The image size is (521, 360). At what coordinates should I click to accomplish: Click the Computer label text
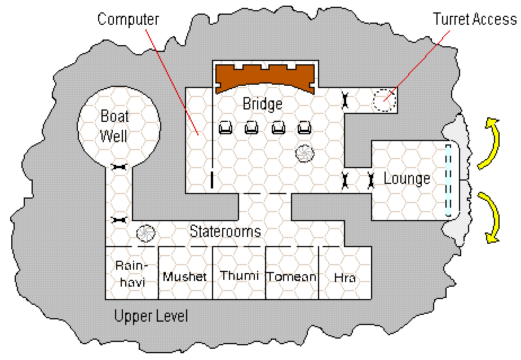[128, 20]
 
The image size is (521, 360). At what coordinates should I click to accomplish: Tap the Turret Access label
[475, 19]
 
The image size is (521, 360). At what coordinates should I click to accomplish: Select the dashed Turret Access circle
[384, 100]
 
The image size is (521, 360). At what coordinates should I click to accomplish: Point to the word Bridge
[263, 104]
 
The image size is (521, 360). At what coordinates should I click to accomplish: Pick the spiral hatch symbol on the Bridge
[304, 153]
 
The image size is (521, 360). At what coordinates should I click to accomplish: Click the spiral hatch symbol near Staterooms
[146, 233]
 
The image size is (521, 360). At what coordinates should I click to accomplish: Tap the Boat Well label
[114, 126]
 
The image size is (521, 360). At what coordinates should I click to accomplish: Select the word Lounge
[407, 179]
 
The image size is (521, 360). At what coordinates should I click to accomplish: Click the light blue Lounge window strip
[448, 180]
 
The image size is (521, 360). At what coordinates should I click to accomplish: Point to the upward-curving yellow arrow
[490, 142]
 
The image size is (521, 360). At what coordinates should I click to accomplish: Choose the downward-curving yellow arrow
[490, 217]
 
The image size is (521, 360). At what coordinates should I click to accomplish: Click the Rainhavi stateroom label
[131, 274]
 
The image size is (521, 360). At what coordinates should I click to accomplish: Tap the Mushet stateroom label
[185, 277]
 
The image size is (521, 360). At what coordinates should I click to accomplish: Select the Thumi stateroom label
[239, 275]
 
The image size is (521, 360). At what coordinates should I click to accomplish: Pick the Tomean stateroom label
[292, 276]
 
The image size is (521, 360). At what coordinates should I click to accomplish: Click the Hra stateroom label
[345, 278]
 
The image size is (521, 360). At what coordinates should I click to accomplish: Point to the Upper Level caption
[151, 316]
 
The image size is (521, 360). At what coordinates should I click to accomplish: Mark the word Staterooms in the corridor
[225, 231]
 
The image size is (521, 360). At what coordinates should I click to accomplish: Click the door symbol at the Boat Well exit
[119, 166]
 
